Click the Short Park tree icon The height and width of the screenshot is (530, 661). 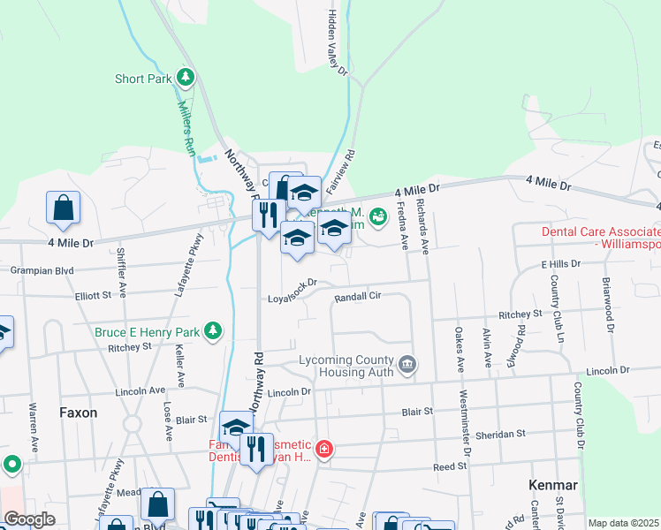tap(186, 78)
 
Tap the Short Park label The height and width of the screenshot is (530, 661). tap(142, 79)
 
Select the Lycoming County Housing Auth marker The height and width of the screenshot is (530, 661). tap(407, 363)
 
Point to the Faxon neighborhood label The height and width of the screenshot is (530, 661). tap(78, 413)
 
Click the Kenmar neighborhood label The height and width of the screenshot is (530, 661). tap(552, 485)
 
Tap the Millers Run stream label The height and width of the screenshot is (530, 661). tap(186, 123)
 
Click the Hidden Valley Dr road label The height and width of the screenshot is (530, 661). tap(338, 44)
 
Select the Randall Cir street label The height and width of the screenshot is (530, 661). tap(357, 297)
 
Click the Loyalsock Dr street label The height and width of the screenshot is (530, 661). tap(292, 291)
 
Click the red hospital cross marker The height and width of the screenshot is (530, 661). tap(323, 450)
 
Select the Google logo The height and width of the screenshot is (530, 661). tap(29, 519)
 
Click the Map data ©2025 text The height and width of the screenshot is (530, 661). tap(623, 523)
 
